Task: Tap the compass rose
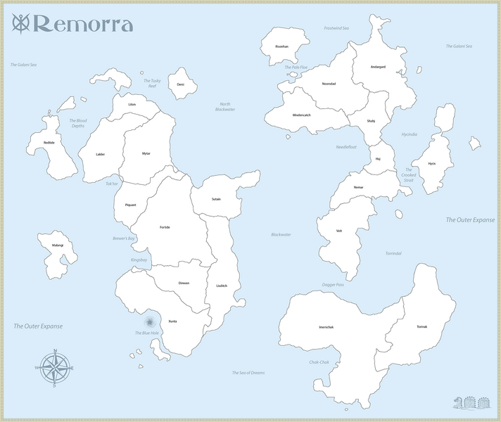coord(55,368)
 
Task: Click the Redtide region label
coord(49,143)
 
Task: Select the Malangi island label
coord(58,245)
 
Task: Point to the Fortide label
coord(165,227)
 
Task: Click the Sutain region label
coord(216,199)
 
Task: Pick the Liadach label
coord(222,286)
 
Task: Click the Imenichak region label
coord(325,327)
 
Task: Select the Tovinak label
coord(421,326)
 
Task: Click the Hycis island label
coord(432,163)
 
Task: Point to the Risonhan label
coord(281,46)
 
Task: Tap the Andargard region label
coord(379,67)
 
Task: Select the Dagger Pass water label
coord(334,284)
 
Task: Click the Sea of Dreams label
coord(248,372)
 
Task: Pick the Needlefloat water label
coord(346,147)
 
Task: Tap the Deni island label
coord(181,84)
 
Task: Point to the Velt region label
coord(339,231)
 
